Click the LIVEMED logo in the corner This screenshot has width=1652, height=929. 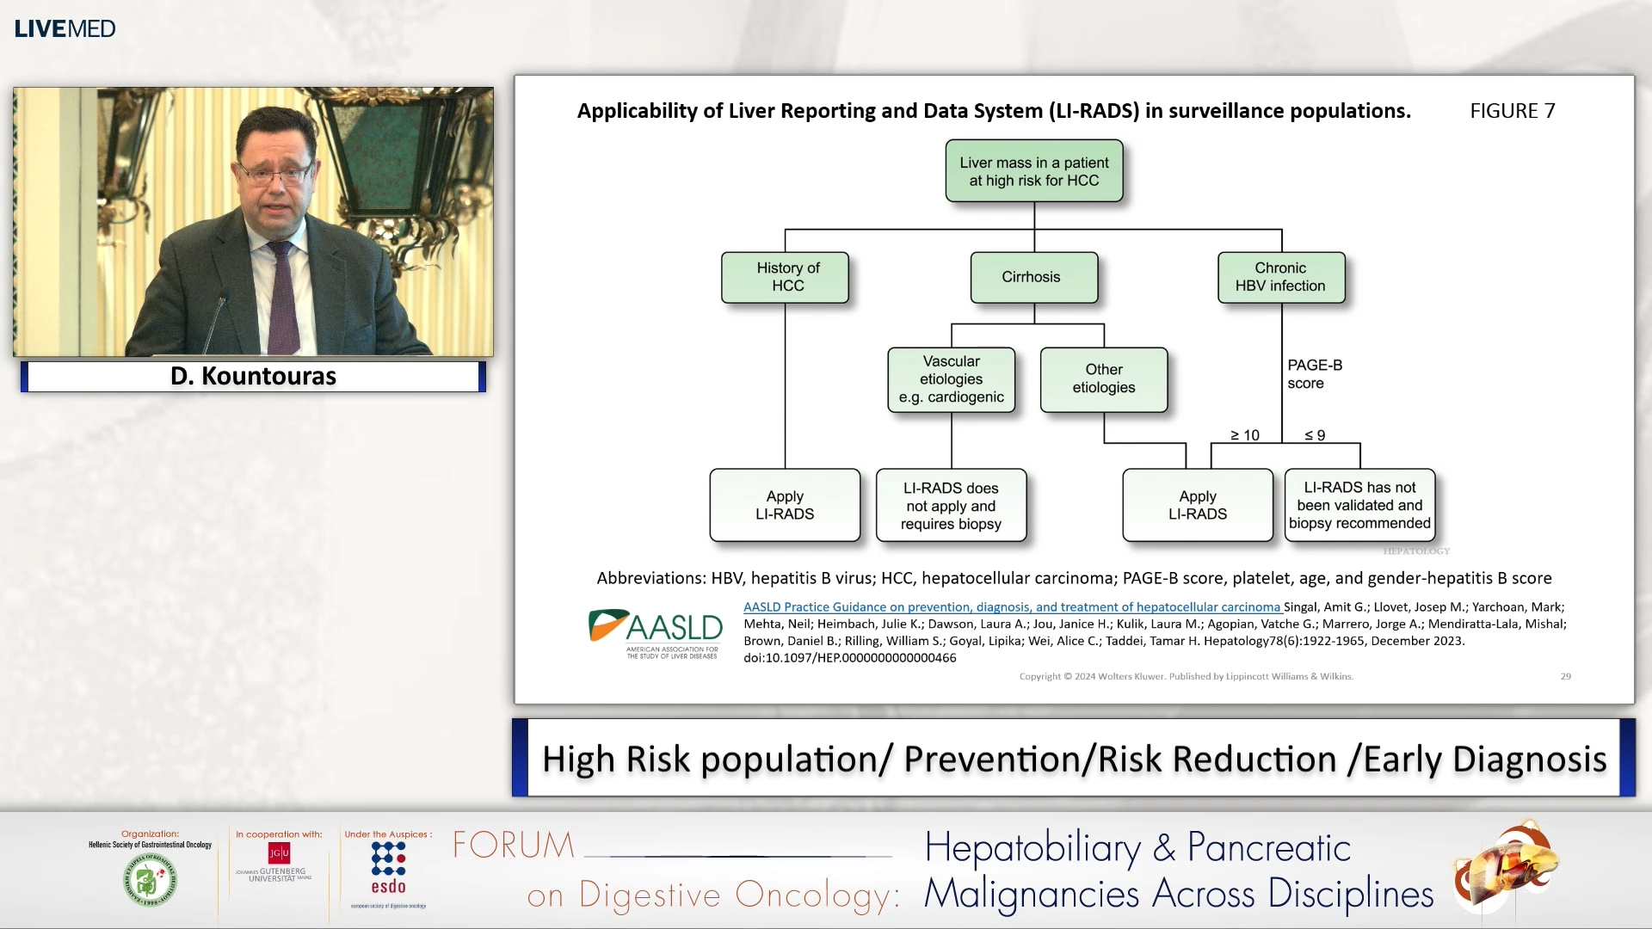tap(65, 28)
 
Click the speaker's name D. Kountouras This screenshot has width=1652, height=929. tap(253, 376)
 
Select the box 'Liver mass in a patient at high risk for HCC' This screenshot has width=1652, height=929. tap(1033, 171)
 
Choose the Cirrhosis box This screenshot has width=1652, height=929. tap(1032, 277)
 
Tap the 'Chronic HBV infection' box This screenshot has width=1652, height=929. tap(1280, 277)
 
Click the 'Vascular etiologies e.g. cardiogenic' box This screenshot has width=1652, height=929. tap(951, 379)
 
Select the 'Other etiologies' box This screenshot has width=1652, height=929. tap(1103, 379)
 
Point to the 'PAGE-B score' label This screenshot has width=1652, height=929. tap(1314, 374)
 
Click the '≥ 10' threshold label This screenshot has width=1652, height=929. tap(1244, 435)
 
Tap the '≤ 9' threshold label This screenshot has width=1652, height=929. tap(1315, 435)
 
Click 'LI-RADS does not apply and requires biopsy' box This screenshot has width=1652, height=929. tap(951, 506)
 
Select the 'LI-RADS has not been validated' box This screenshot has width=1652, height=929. tap(1359, 506)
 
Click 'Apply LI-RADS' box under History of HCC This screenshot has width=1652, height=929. tap(785, 506)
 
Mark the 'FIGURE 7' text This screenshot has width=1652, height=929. tap(1512, 111)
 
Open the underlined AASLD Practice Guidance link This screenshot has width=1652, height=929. tap(1012, 607)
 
